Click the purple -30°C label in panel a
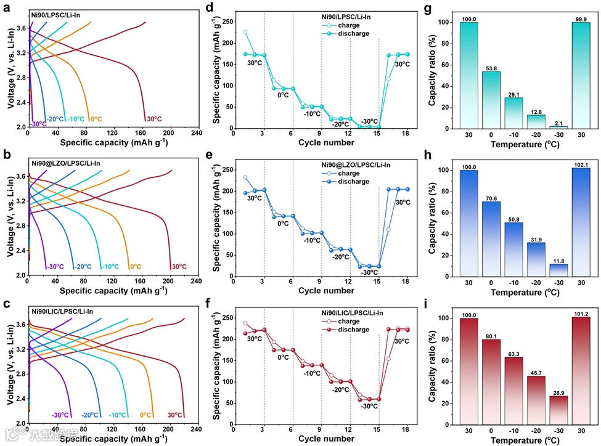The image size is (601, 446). [38, 124]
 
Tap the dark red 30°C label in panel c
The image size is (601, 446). [175, 415]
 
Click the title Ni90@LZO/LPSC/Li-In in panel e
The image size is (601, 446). [355, 164]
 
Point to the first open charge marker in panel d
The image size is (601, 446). [245, 33]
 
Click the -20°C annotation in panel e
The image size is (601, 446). [340, 257]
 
